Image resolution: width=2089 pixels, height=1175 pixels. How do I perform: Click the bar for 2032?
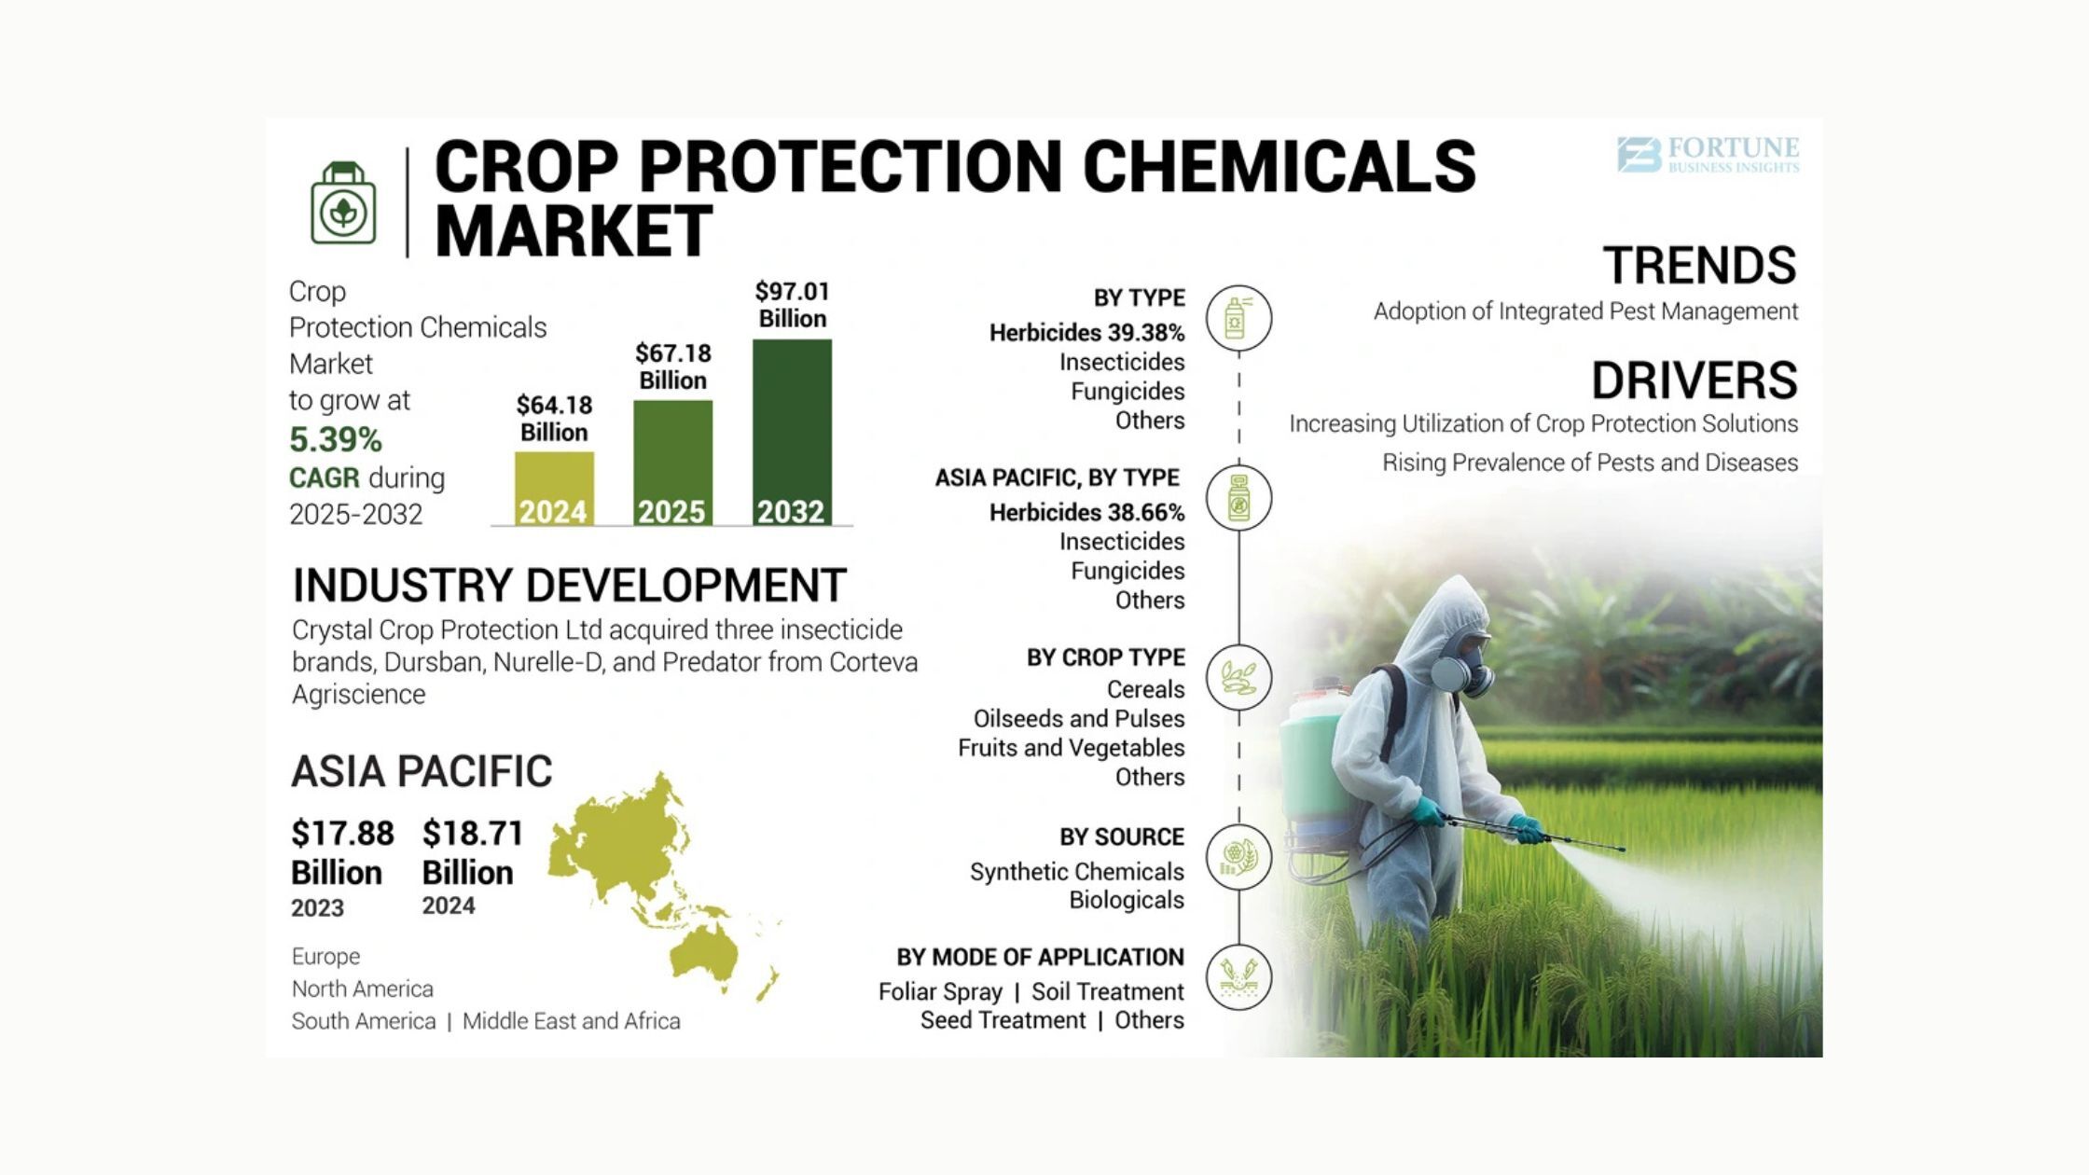(792, 432)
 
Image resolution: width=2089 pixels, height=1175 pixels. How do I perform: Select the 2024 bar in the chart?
(554, 489)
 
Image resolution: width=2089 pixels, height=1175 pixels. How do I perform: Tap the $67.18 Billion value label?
(673, 366)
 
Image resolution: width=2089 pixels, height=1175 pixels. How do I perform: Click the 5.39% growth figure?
(336, 439)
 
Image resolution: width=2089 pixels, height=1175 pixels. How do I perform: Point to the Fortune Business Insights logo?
(1708, 155)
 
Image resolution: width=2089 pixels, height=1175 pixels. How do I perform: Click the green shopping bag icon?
(343, 203)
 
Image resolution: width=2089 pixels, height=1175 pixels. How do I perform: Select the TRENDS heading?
(1699, 265)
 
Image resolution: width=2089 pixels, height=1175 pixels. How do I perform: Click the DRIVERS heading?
(1694, 380)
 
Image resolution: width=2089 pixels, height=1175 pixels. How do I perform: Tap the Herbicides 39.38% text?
(1086, 333)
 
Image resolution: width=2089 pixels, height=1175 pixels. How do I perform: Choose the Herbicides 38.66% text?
(1086, 513)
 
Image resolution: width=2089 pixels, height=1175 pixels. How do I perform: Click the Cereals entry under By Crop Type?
(1145, 689)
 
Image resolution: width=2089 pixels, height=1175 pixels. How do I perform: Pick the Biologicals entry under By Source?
(1127, 900)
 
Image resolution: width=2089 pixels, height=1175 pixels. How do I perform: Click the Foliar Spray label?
(940, 991)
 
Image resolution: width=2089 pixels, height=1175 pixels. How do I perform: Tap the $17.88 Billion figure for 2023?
(342, 852)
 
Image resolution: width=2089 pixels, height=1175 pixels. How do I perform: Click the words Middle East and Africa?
(572, 1021)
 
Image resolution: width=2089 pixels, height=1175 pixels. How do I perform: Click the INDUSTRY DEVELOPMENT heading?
(570, 586)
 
